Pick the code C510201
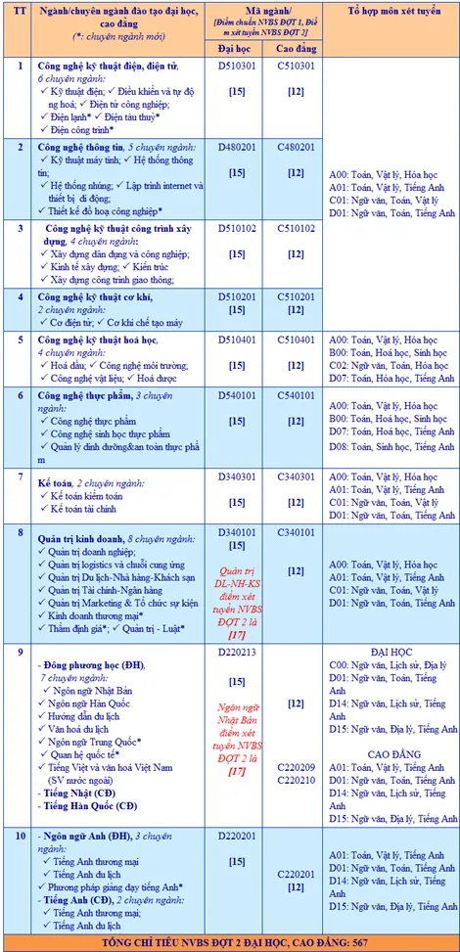296,295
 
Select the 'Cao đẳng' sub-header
296,46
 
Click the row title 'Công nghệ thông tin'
85,147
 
